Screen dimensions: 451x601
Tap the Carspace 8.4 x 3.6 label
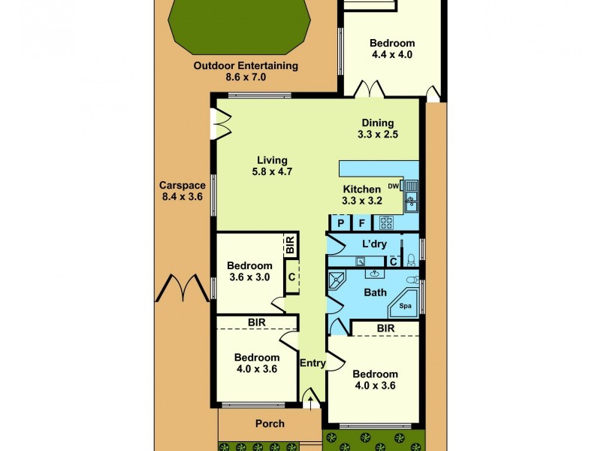tap(181, 191)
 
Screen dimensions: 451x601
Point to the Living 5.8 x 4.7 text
tap(272, 165)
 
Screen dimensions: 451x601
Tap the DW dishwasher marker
tap(393, 186)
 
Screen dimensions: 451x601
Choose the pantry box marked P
tap(340, 222)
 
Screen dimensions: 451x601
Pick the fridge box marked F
tap(361, 222)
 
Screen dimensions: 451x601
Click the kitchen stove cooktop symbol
tap(386, 222)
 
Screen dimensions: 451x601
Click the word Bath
tap(375, 292)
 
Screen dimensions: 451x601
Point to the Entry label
tap(313, 363)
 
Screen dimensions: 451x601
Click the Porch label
tap(270, 423)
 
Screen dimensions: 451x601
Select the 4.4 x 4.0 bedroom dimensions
tap(392, 54)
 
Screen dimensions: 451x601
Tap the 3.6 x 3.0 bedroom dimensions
tap(249, 277)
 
